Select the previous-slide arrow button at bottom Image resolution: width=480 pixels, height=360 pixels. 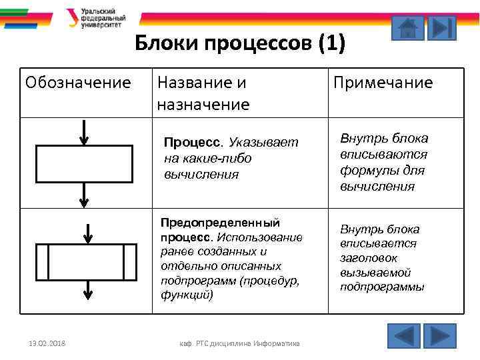click(403, 335)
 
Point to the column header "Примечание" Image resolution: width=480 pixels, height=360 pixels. click(383, 83)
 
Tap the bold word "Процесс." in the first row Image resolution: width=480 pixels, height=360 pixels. click(194, 143)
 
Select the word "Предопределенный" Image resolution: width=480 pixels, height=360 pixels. click(219, 223)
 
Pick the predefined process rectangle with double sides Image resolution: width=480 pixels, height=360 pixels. click(85, 261)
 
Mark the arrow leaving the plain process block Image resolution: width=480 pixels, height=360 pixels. click(84, 194)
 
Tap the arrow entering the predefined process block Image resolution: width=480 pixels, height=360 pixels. click(87, 233)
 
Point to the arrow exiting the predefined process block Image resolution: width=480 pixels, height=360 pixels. click(87, 291)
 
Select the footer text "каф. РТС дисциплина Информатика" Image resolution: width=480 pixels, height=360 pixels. click(239, 344)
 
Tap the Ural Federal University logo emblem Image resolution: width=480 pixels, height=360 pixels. click(71, 17)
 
